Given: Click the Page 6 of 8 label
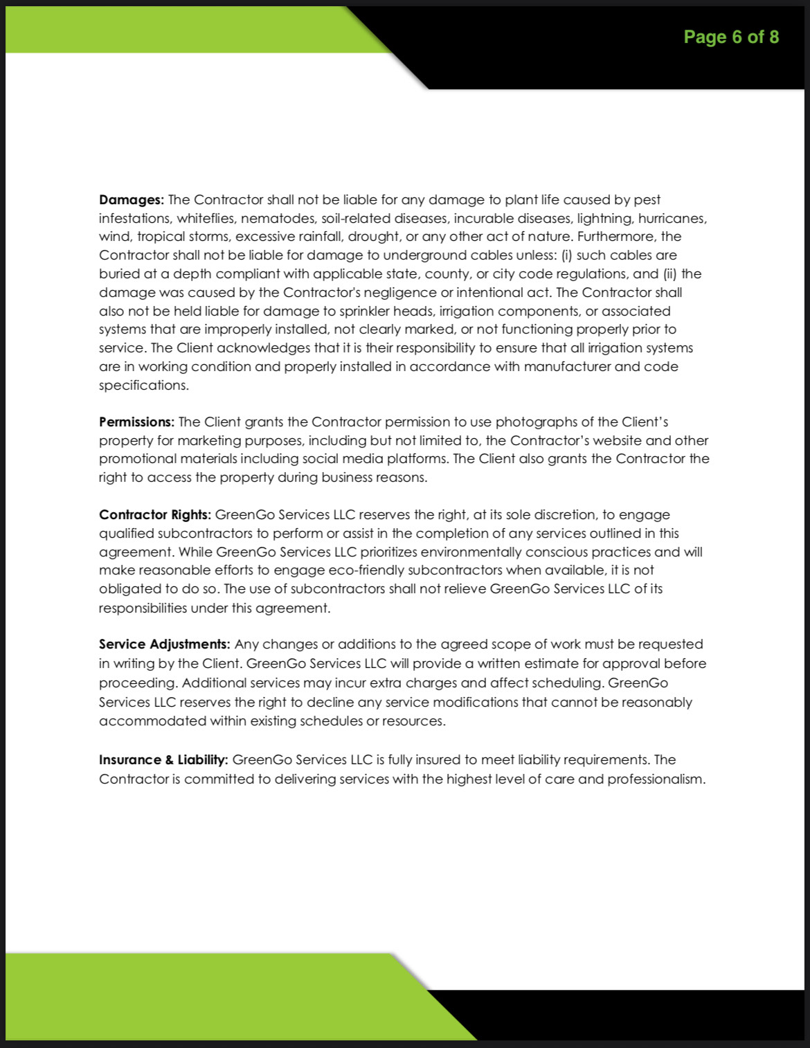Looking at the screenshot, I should pos(731,37).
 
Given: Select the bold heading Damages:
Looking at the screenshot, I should pos(132,200).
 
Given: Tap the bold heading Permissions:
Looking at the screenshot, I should pos(136,422).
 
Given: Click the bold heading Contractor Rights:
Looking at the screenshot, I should pos(154,515).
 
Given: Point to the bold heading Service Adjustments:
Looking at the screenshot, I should pos(163,644).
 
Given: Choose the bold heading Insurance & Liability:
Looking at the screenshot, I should pos(163,760).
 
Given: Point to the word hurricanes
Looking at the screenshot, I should pos(672,219).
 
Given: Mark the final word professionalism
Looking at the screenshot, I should pos(656,779).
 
